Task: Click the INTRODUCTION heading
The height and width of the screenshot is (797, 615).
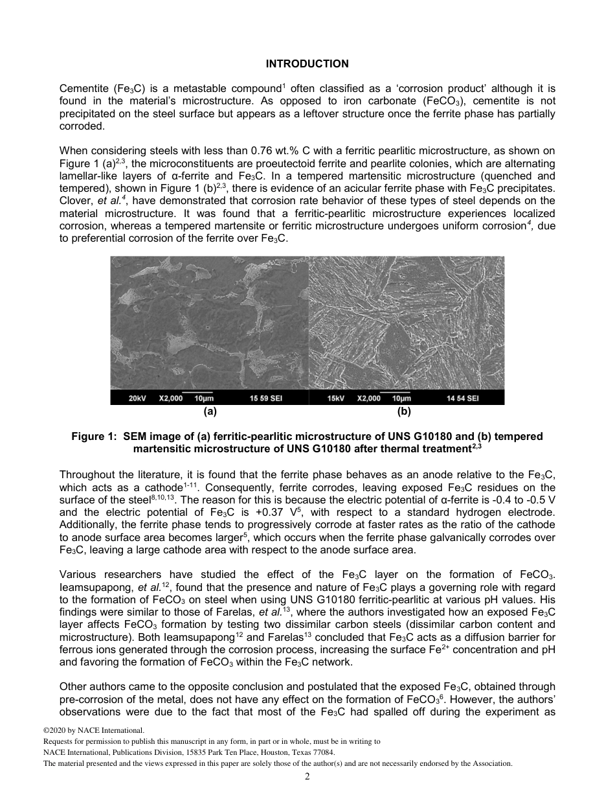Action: pyautogui.click(x=307, y=64)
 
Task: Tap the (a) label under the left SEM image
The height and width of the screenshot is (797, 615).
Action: pyautogui.click(x=210, y=411)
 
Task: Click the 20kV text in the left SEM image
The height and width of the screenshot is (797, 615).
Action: pyautogui.click(x=137, y=398)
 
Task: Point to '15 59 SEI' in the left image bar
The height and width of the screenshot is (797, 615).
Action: pyautogui.click(x=267, y=398)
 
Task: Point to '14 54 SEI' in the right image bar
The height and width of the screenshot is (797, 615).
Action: pyautogui.click(x=462, y=398)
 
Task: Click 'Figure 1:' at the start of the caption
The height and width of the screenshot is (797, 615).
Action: pyautogui.click(x=92, y=437)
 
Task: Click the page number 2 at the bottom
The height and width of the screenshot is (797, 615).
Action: pyautogui.click(x=307, y=777)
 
